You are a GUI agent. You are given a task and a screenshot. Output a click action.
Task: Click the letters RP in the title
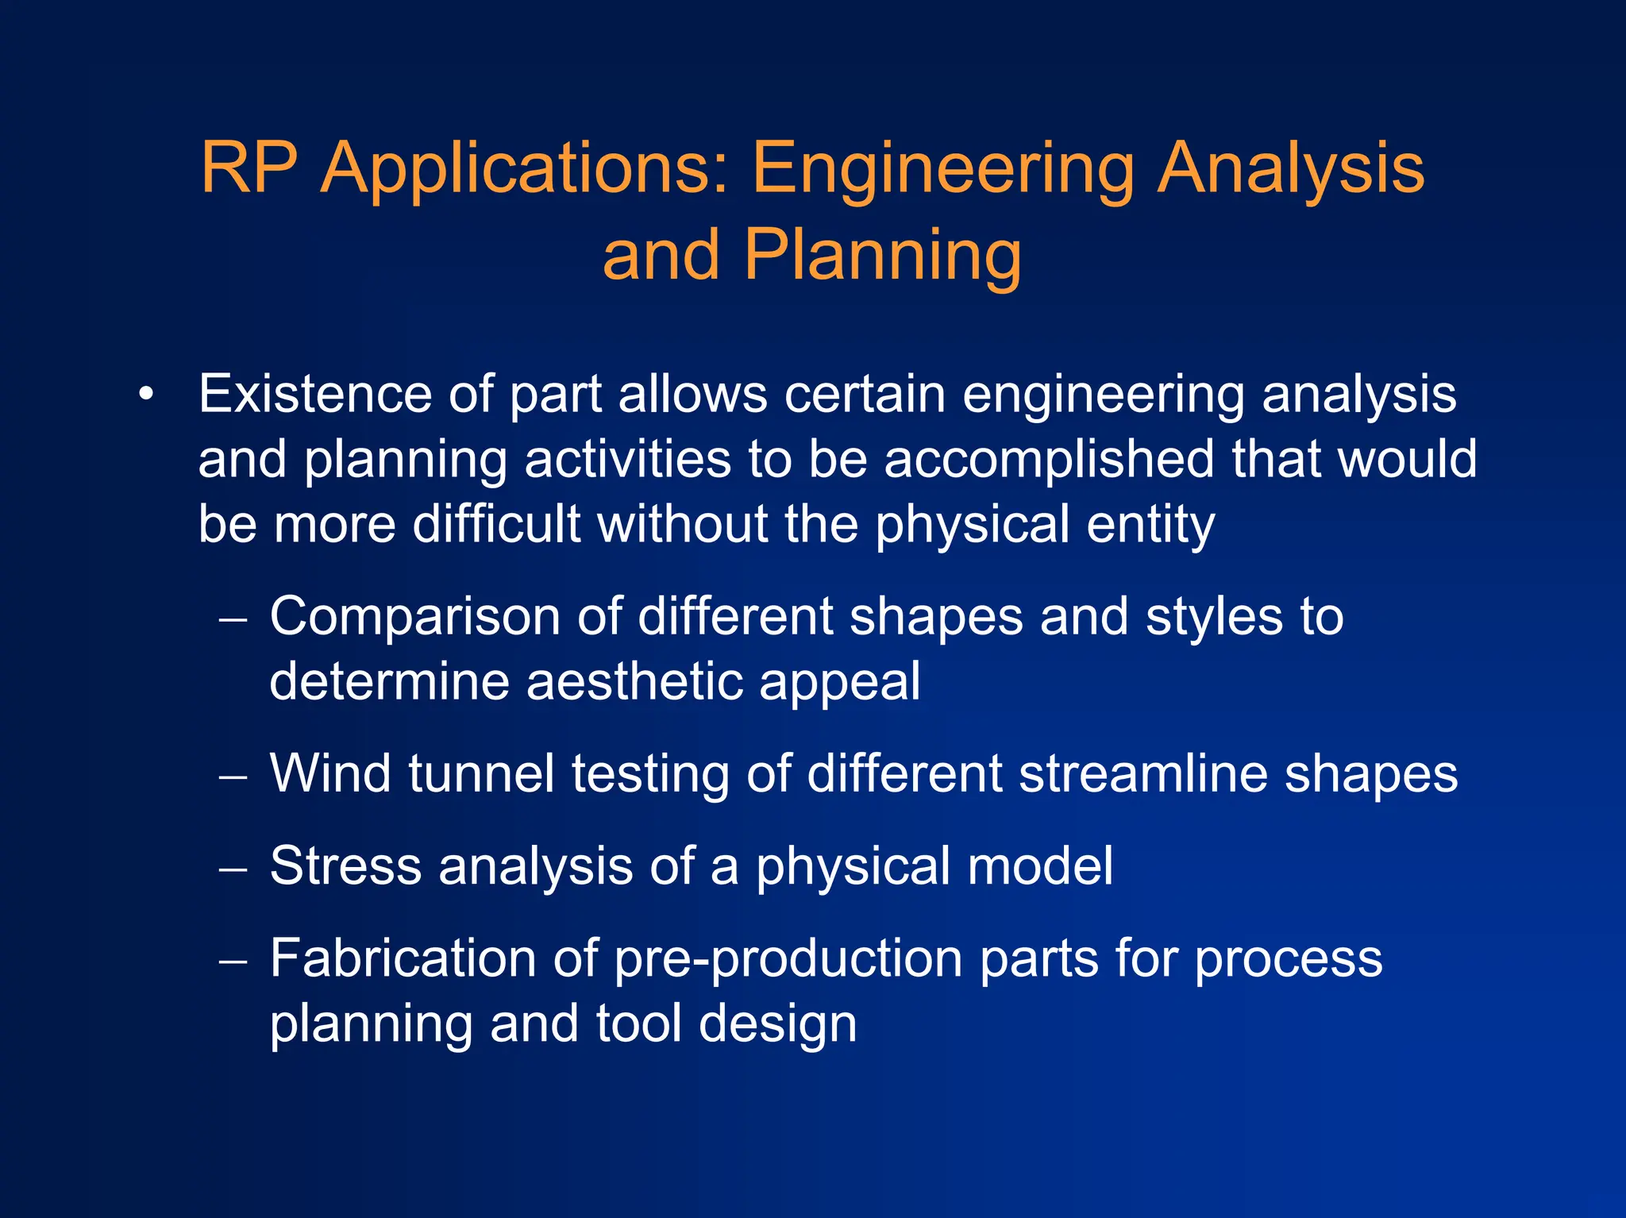249,168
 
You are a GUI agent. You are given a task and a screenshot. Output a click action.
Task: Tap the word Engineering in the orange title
943,168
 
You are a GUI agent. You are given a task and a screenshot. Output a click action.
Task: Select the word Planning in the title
882,256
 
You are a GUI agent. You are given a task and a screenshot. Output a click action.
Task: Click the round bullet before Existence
144,395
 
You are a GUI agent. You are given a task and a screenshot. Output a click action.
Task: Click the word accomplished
1049,460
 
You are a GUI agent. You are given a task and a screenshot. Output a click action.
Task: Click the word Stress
345,866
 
